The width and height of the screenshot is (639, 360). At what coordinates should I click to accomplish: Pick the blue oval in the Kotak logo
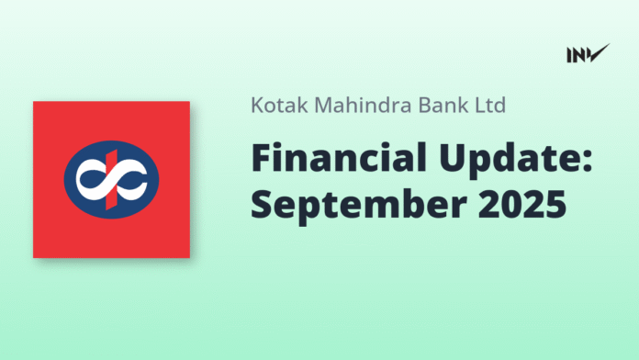point(111,179)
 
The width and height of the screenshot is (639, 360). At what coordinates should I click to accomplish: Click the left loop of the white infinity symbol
point(90,180)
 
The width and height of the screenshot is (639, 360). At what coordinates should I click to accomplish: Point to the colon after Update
point(590,161)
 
